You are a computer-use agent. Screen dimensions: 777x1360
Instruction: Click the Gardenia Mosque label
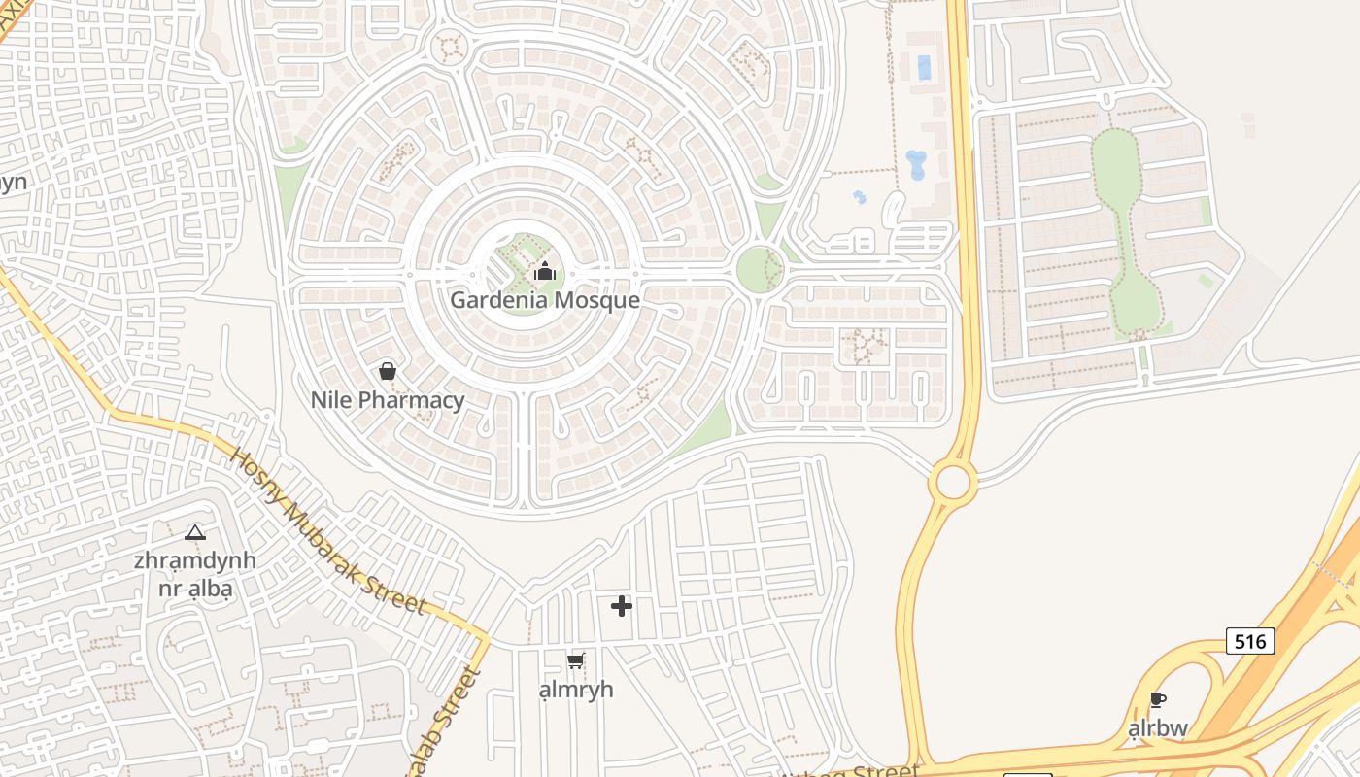[544, 300]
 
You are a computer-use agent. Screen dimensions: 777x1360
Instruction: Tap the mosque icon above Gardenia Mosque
[545, 271]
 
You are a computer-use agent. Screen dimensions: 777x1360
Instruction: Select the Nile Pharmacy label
[388, 400]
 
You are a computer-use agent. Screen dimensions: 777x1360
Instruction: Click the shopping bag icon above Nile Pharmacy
[387, 371]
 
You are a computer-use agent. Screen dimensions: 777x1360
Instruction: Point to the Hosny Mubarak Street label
[327, 531]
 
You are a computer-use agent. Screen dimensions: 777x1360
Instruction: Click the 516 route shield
[1249, 641]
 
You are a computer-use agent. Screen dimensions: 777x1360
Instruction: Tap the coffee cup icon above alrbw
[1157, 699]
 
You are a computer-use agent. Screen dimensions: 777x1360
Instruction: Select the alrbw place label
[1157, 727]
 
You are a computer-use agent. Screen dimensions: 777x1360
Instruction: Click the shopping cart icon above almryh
[575, 661]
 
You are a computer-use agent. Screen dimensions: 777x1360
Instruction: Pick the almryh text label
[576, 690]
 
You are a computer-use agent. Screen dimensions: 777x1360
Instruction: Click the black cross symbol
[622, 606]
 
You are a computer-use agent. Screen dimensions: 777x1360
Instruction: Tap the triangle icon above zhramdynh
[195, 532]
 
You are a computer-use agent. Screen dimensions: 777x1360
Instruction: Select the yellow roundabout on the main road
[952, 482]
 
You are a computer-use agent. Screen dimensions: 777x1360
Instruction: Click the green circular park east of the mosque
[759, 269]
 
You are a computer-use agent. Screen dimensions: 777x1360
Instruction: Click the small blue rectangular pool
[924, 67]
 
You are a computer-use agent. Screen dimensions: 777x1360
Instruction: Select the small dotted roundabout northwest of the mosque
[449, 46]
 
